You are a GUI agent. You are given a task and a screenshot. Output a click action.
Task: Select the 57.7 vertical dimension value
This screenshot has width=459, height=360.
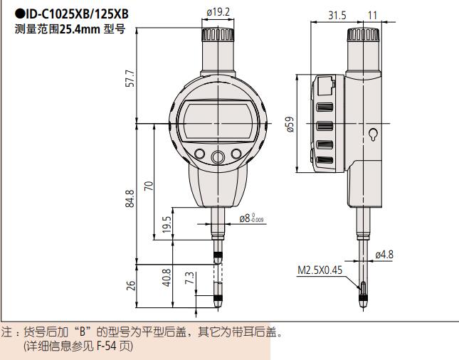pos(130,79)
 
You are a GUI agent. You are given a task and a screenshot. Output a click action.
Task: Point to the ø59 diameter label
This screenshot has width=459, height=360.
pos(290,125)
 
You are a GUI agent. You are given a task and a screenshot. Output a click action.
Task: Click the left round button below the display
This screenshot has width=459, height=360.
pos(200,157)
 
